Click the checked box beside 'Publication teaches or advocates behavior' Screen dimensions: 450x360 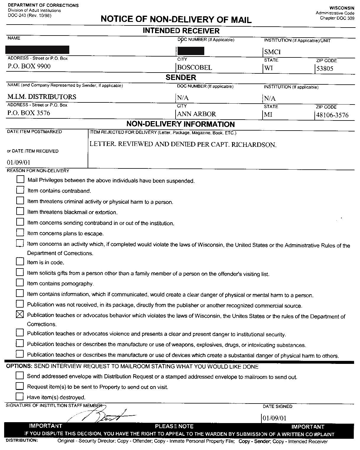point(20,314)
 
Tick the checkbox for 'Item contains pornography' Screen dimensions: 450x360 point(20,282)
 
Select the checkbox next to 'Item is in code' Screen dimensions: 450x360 point(20,261)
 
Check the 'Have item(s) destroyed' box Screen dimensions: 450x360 point(20,396)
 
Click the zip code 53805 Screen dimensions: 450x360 point(325,68)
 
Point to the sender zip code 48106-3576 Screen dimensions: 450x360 point(332,115)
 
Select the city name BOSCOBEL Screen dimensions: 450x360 point(195,67)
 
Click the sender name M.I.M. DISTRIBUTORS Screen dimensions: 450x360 point(42,97)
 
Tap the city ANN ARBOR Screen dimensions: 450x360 point(197,114)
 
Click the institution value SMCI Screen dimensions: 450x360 point(272,52)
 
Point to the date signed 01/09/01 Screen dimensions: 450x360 point(275,418)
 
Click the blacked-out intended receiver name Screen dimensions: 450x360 point(37,50)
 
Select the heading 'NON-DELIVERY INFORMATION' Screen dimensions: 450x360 point(180,124)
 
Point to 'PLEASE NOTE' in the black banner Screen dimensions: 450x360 point(174,426)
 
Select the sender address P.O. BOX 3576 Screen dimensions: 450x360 point(29,113)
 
